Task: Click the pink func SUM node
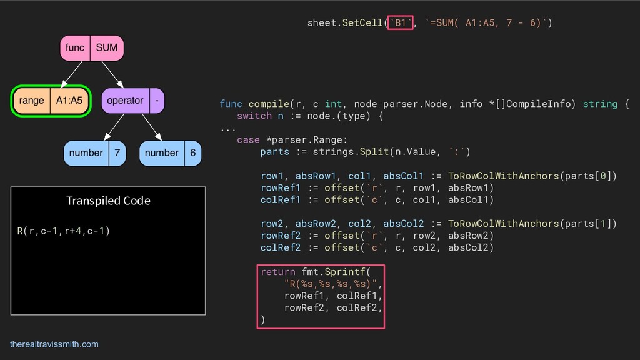click(92, 48)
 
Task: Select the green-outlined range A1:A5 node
click(51, 101)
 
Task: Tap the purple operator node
click(133, 101)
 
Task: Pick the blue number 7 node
click(95, 153)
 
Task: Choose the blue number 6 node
click(171, 153)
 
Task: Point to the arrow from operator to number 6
click(152, 127)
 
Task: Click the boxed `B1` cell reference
click(400, 23)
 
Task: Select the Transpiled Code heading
click(108, 201)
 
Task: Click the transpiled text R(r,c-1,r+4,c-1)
click(63, 231)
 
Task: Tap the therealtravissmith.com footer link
click(54, 344)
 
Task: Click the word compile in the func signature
click(268, 104)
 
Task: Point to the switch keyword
click(254, 116)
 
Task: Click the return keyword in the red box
click(277, 271)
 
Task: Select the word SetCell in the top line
click(362, 23)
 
